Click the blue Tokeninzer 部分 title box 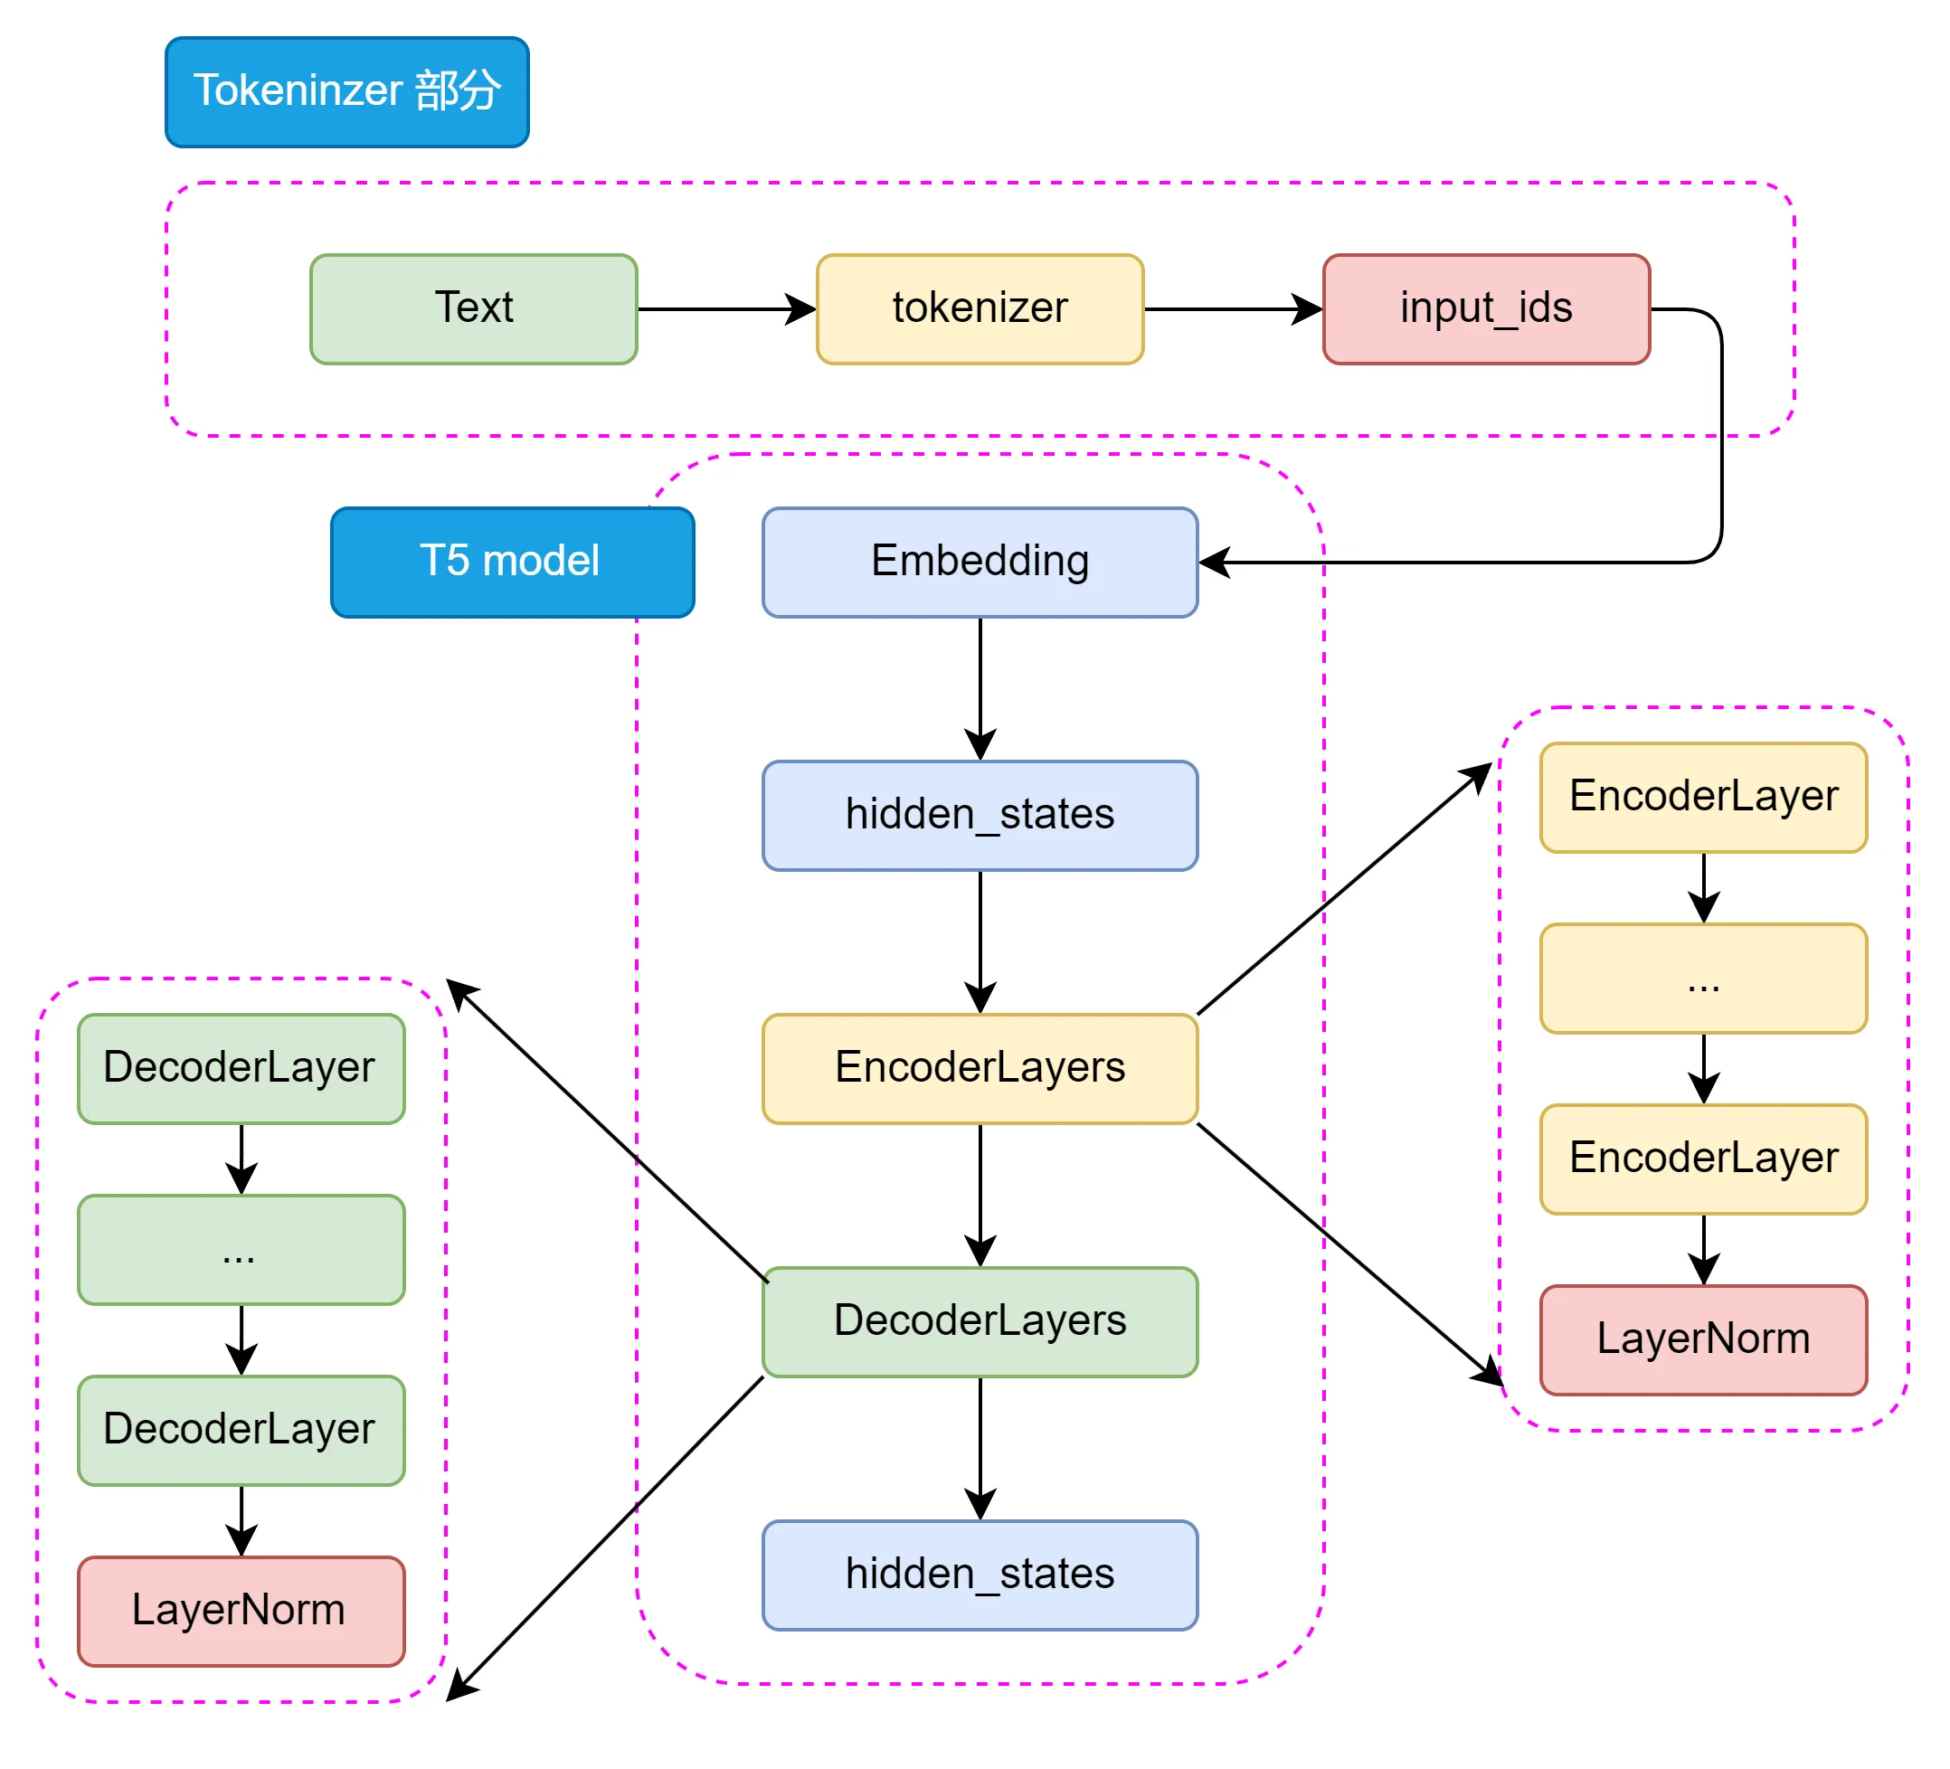(346, 92)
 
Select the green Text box (473, 308)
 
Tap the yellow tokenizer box (979, 308)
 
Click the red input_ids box (1485, 308)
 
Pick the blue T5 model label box (512, 562)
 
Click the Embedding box (979, 562)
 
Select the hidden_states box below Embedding (979, 816)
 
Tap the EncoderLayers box (979, 1068)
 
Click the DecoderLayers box (979, 1321)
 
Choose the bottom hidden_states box (979, 1575)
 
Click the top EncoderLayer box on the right (1702, 797)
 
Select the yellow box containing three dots (1702, 978)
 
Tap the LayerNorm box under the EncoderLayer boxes (1702, 1339)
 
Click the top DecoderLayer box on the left (241, 1068)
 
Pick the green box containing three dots (241, 1249)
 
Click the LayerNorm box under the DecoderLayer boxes (241, 1611)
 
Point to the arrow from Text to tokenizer (725, 309)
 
